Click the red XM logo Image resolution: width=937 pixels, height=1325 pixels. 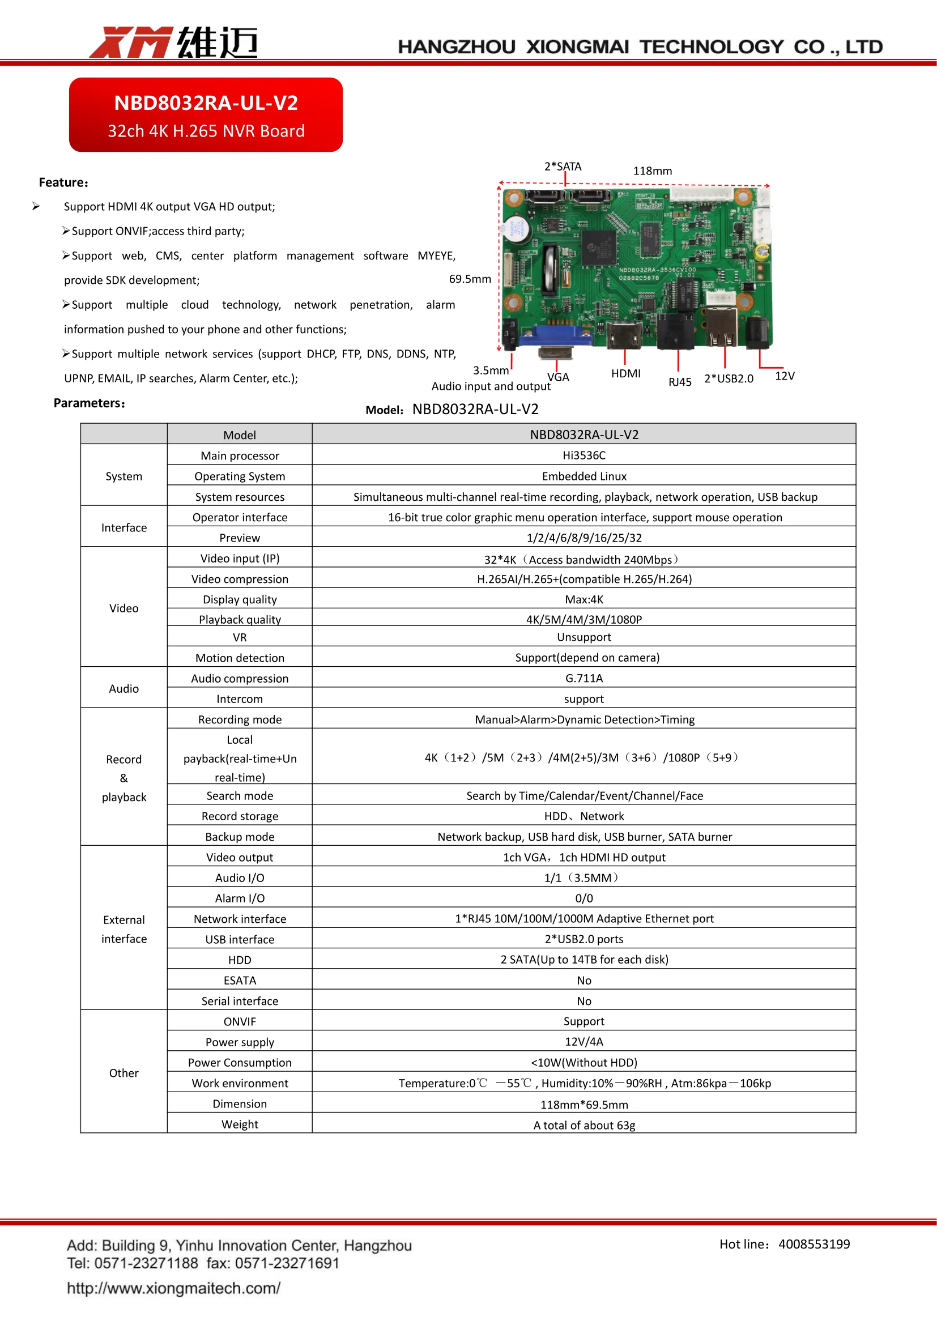click(130, 42)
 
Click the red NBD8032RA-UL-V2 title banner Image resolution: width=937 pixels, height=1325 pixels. click(206, 115)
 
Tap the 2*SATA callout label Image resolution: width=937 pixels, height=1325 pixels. click(563, 167)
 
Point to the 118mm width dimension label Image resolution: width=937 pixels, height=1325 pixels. click(652, 171)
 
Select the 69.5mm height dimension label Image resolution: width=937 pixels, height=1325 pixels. click(470, 279)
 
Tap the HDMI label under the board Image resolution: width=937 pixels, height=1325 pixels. click(625, 374)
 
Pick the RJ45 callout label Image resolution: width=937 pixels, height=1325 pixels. click(680, 382)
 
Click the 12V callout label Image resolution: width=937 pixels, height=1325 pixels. click(784, 376)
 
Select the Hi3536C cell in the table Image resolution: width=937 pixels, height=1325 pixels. click(584, 455)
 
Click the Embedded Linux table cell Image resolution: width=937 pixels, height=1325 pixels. click(584, 476)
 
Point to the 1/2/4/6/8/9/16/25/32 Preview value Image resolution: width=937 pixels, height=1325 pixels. click(584, 538)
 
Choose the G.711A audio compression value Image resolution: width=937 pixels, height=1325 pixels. click(584, 678)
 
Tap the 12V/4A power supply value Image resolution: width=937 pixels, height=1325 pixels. click(584, 1042)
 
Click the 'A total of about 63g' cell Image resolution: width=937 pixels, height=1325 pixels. click(584, 1125)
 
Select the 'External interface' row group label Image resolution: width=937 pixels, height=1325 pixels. click(124, 929)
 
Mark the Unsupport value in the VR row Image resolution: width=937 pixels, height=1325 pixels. click(584, 637)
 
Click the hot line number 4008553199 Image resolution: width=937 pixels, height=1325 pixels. click(814, 1244)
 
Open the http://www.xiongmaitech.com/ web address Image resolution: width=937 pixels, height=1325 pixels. click(174, 1288)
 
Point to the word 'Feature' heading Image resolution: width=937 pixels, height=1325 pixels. click(62, 183)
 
